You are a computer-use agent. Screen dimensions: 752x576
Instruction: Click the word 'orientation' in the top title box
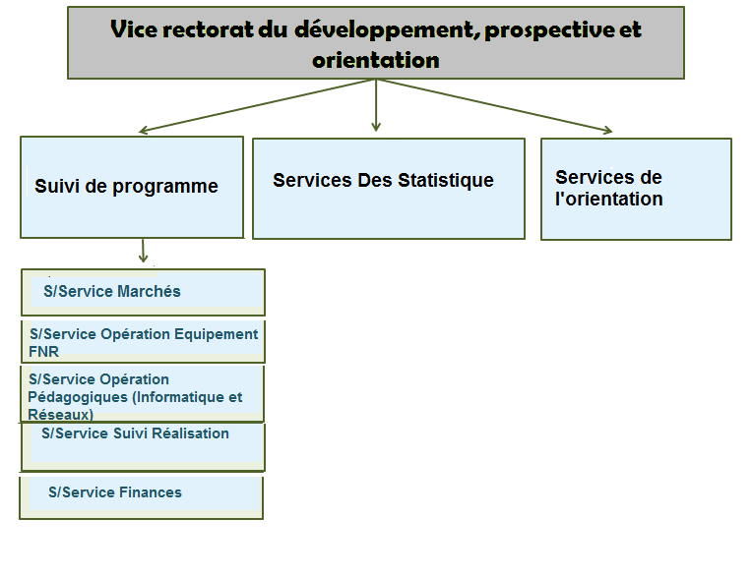[376, 60]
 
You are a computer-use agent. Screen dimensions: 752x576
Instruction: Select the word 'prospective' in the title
[548, 30]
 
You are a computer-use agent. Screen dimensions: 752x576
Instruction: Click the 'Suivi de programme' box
[132, 187]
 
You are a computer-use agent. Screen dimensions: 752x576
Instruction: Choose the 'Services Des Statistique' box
[389, 189]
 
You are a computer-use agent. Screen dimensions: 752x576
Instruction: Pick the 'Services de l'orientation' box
[636, 189]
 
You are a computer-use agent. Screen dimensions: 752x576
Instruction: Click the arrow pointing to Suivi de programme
[257, 105]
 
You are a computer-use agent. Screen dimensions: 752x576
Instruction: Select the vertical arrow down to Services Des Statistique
[376, 105]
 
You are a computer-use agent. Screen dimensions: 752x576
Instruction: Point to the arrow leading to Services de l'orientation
[494, 106]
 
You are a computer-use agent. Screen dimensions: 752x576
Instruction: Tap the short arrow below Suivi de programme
[143, 251]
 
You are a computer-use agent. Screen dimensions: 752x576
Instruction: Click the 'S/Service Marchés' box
[143, 292]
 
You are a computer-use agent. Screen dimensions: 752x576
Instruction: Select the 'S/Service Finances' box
[141, 498]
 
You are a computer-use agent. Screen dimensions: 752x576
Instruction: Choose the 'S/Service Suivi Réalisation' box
[143, 447]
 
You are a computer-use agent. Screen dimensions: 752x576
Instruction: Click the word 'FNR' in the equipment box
[43, 352]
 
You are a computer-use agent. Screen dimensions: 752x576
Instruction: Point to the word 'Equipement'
[216, 334]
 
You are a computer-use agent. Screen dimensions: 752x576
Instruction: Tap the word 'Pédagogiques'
[78, 397]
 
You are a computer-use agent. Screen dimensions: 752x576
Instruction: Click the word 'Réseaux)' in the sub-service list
[60, 414]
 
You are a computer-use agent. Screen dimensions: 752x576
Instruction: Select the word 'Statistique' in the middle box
[446, 181]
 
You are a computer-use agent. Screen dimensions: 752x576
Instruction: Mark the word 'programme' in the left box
[165, 187]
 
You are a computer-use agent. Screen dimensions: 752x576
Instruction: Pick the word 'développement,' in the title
[388, 30]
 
